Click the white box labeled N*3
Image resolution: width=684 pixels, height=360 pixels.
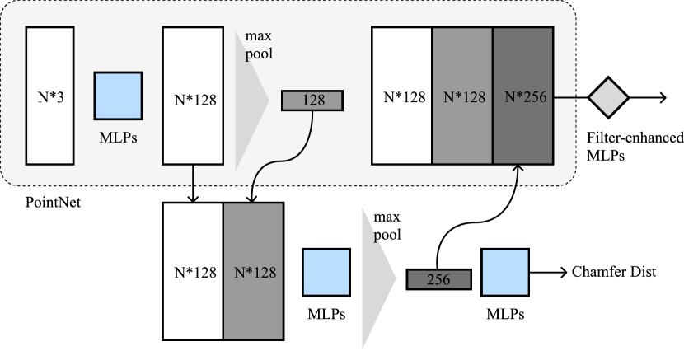click(50, 95)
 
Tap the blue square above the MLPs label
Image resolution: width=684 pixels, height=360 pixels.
click(118, 96)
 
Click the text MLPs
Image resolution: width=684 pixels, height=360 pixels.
click(117, 138)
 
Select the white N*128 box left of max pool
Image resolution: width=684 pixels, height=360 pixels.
click(193, 95)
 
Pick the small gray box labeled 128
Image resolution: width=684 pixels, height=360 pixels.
click(312, 101)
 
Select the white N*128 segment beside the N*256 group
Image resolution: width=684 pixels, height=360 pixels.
click(402, 96)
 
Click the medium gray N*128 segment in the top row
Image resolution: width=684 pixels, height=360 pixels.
click(462, 96)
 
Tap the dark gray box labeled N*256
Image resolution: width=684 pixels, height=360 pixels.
click(522, 96)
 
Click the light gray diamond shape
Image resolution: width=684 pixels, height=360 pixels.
click(608, 98)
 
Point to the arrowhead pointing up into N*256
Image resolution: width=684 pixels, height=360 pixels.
click(518, 170)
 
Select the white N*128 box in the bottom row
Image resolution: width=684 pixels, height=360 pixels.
click(194, 271)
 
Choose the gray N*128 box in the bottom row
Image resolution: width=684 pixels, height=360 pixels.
click(253, 271)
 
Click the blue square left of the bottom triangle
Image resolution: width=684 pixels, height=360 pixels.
click(326, 273)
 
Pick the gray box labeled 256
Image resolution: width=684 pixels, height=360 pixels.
click(438, 279)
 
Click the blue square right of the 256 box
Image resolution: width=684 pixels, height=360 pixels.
click(504, 273)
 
